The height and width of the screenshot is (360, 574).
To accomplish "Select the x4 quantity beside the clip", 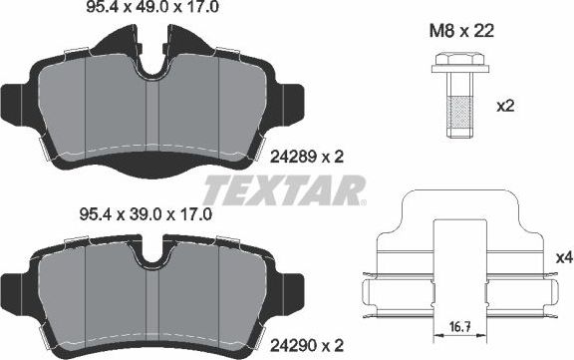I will [563, 257].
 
